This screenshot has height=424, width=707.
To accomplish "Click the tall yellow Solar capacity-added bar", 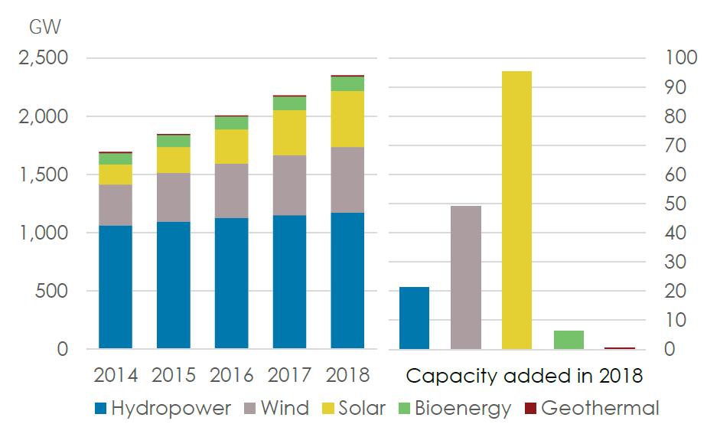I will (x=516, y=210).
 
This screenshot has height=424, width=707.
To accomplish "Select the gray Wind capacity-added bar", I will (x=466, y=277).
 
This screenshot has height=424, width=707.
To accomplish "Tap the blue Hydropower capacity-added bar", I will (x=415, y=318).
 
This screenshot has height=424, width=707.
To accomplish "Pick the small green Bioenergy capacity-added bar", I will (x=569, y=340).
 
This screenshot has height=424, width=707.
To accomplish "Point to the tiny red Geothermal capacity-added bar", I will (x=620, y=348).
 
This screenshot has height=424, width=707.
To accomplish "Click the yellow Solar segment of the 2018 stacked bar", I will (x=347, y=119).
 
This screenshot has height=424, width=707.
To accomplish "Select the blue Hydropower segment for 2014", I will (x=116, y=287).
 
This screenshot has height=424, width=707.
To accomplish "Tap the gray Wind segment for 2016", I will (x=231, y=191).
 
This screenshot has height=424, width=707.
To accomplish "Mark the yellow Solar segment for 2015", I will (x=173, y=160).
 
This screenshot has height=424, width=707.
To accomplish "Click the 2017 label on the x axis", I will (x=289, y=376).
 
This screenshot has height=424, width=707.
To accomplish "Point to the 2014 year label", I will (x=116, y=376).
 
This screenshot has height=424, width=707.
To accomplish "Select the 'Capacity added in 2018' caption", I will (x=524, y=377).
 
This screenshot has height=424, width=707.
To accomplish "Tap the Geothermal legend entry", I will (x=592, y=408).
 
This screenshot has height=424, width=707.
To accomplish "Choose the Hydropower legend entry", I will (x=161, y=408).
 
